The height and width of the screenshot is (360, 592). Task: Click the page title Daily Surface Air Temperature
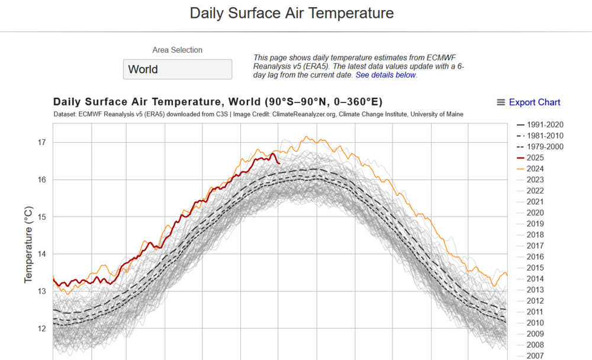pyautogui.click(x=291, y=13)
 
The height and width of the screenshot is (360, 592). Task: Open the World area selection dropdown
pyautogui.click(x=177, y=69)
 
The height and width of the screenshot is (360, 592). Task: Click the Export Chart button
pyautogui.click(x=528, y=102)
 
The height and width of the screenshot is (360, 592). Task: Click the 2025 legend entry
pyautogui.click(x=535, y=157)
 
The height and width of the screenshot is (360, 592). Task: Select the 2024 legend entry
pyautogui.click(x=535, y=169)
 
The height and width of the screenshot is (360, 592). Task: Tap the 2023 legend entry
pyautogui.click(x=535, y=179)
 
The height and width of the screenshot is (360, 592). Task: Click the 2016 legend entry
pyautogui.click(x=535, y=257)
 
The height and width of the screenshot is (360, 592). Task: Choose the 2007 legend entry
pyautogui.click(x=535, y=356)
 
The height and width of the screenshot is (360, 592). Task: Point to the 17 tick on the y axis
pyautogui.click(x=41, y=143)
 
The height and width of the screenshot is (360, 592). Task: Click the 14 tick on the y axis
pyautogui.click(x=41, y=254)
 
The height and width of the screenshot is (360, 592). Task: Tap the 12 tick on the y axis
pyautogui.click(x=41, y=329)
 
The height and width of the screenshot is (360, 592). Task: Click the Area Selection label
pyautogui.click(x=177, y=50)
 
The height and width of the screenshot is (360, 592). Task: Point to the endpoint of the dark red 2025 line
pyautogui.click(x=279, y=163)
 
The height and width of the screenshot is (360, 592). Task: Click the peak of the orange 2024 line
pyautogui.click(x=306, y=137)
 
